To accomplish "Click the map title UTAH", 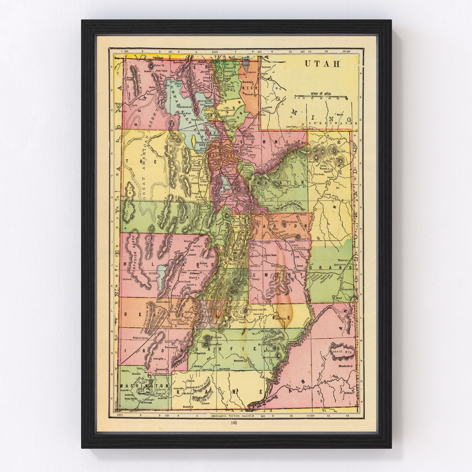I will (x=322, y=64).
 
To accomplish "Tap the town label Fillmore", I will (x=194, y=274).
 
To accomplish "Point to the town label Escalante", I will (x=240, y=361).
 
